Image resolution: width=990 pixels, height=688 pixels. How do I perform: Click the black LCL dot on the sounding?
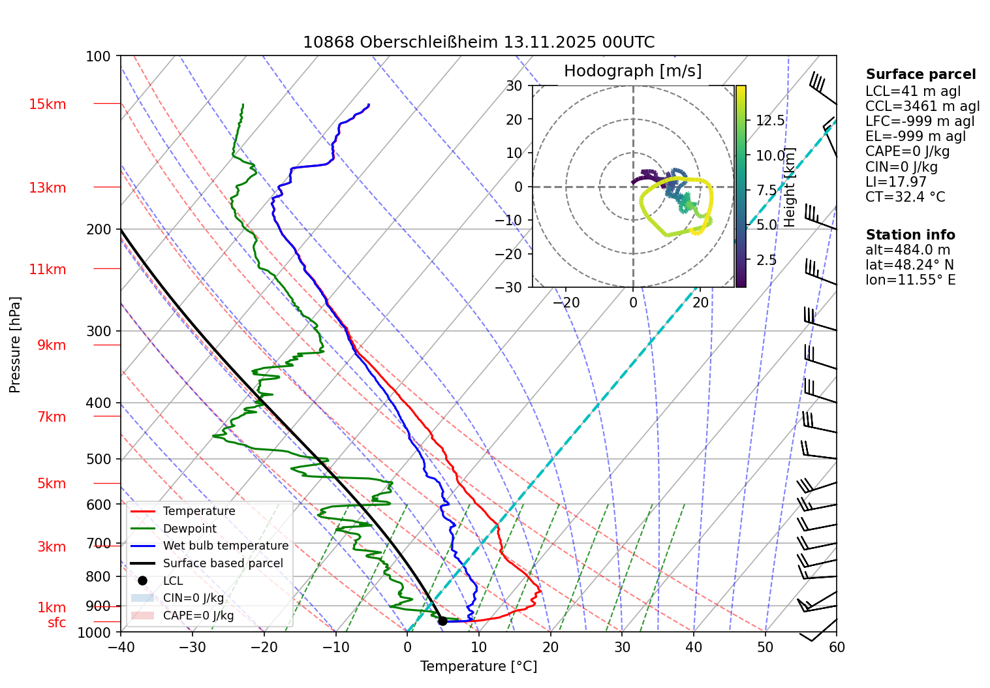[x=442, y=621]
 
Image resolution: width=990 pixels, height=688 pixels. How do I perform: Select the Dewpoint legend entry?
[x=189, y=529]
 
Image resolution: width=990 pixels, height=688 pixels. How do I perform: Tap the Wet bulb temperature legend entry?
[x=225, y=546]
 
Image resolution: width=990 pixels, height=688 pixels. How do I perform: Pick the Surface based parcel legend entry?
[x=223, y=563]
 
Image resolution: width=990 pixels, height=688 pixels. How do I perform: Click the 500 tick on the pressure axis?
[x=99, y=459]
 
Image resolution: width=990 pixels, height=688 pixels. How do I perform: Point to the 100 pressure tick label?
[x=99, y=57]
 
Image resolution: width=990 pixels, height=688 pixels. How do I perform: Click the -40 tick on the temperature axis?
[x=121, y=648]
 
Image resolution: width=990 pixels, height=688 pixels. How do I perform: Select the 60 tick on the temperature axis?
[x=837, y=648]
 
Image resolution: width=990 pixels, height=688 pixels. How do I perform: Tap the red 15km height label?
[x=47, y=104]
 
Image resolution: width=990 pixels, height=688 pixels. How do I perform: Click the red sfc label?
[x=57, y=623]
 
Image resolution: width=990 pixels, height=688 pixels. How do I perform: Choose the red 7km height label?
[x=52, y=417]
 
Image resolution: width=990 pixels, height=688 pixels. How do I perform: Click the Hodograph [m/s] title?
[x=632, y=71]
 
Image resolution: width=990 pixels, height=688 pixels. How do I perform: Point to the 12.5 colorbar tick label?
[x=770, y=121]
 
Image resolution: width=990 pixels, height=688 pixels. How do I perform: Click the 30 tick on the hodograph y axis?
[x=514, y=86]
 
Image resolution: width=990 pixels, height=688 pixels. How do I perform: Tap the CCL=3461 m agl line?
[x=922, y=106]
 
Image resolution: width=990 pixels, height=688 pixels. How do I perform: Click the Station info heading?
[x=910, y=235]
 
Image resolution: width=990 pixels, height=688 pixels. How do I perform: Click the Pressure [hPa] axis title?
[x=15, y=345]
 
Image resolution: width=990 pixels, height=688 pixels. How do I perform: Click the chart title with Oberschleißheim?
[x=478, y=42]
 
